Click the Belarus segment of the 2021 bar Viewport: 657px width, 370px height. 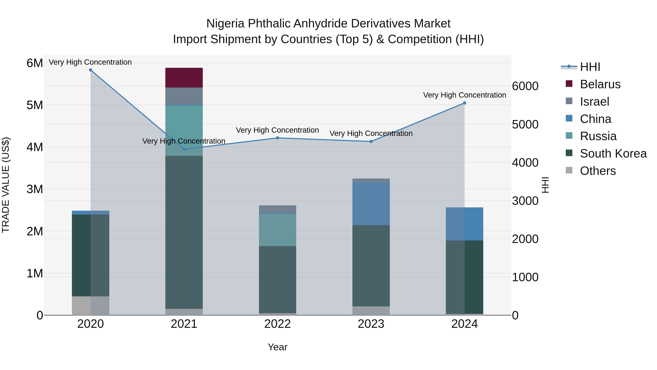[184, 78]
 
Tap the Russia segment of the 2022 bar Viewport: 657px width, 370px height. [277, 230]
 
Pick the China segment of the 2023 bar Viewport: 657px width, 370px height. [371, 204]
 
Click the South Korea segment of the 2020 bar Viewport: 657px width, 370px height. [91, 255]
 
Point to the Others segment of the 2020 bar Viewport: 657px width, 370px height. [91, 306]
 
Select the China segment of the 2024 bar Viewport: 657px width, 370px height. [464, 224]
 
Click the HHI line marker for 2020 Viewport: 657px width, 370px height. [91, 70]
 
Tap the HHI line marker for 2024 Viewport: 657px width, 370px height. [464, 103]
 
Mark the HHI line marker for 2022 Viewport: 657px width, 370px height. [277, 138]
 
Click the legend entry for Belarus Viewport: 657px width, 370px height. [600, 84]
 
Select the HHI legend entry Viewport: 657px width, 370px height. [590, 67]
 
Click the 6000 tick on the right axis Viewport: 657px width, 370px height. [525, 86]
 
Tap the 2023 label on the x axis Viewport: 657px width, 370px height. [371, 324]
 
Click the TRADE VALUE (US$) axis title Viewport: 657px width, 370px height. [6, 185]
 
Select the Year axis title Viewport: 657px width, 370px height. [277, 347]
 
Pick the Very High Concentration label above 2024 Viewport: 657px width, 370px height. [464, 95]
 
